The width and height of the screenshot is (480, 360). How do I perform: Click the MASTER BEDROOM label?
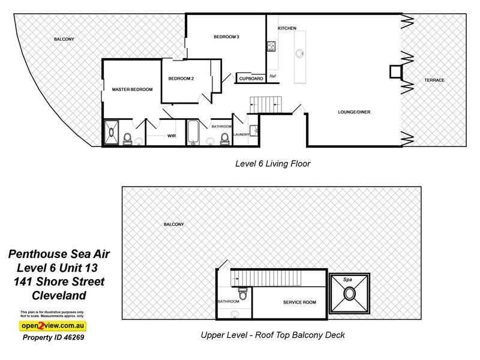pyautogui.click(x=132, y=89)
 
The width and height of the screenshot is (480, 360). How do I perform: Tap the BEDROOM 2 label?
pyautogui.click(x=181, y=79)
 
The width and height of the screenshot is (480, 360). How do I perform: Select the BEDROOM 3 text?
pyautogui.click(x=226, y=37)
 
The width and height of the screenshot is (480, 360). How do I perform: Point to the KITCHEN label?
pyautogui.click(x=287, y=29)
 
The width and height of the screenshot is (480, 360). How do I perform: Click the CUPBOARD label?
pyautogui.click(x=251, y=79)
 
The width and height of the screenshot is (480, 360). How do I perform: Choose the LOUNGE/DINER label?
pyautogui.click(x=354, y=112)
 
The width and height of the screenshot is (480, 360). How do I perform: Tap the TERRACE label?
pyautogui.click(x=434, y=80)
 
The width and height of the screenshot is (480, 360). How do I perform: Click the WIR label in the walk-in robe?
pyautogui.click(x=171, y=136)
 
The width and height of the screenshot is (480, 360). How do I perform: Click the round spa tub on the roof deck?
pyautogui.click(x=349, y=295)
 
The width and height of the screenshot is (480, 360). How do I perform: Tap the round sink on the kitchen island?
pyautogui.click(x=298, y=53)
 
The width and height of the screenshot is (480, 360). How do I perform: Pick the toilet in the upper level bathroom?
pyautogui.click(x=242, y=294)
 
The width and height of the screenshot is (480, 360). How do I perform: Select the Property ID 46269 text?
pyautogui.click(x=53, y=337)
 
